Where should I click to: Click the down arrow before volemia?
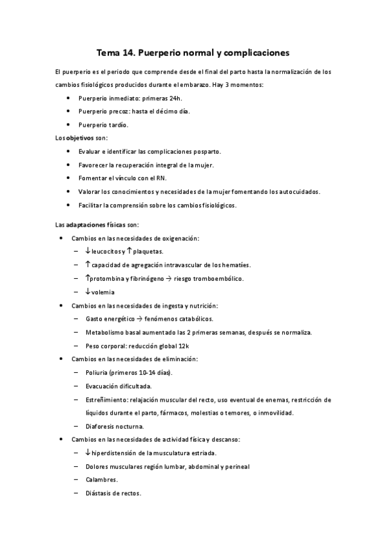88,291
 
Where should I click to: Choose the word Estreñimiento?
106,399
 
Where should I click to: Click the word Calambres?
101,480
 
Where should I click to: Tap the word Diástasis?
99,493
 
